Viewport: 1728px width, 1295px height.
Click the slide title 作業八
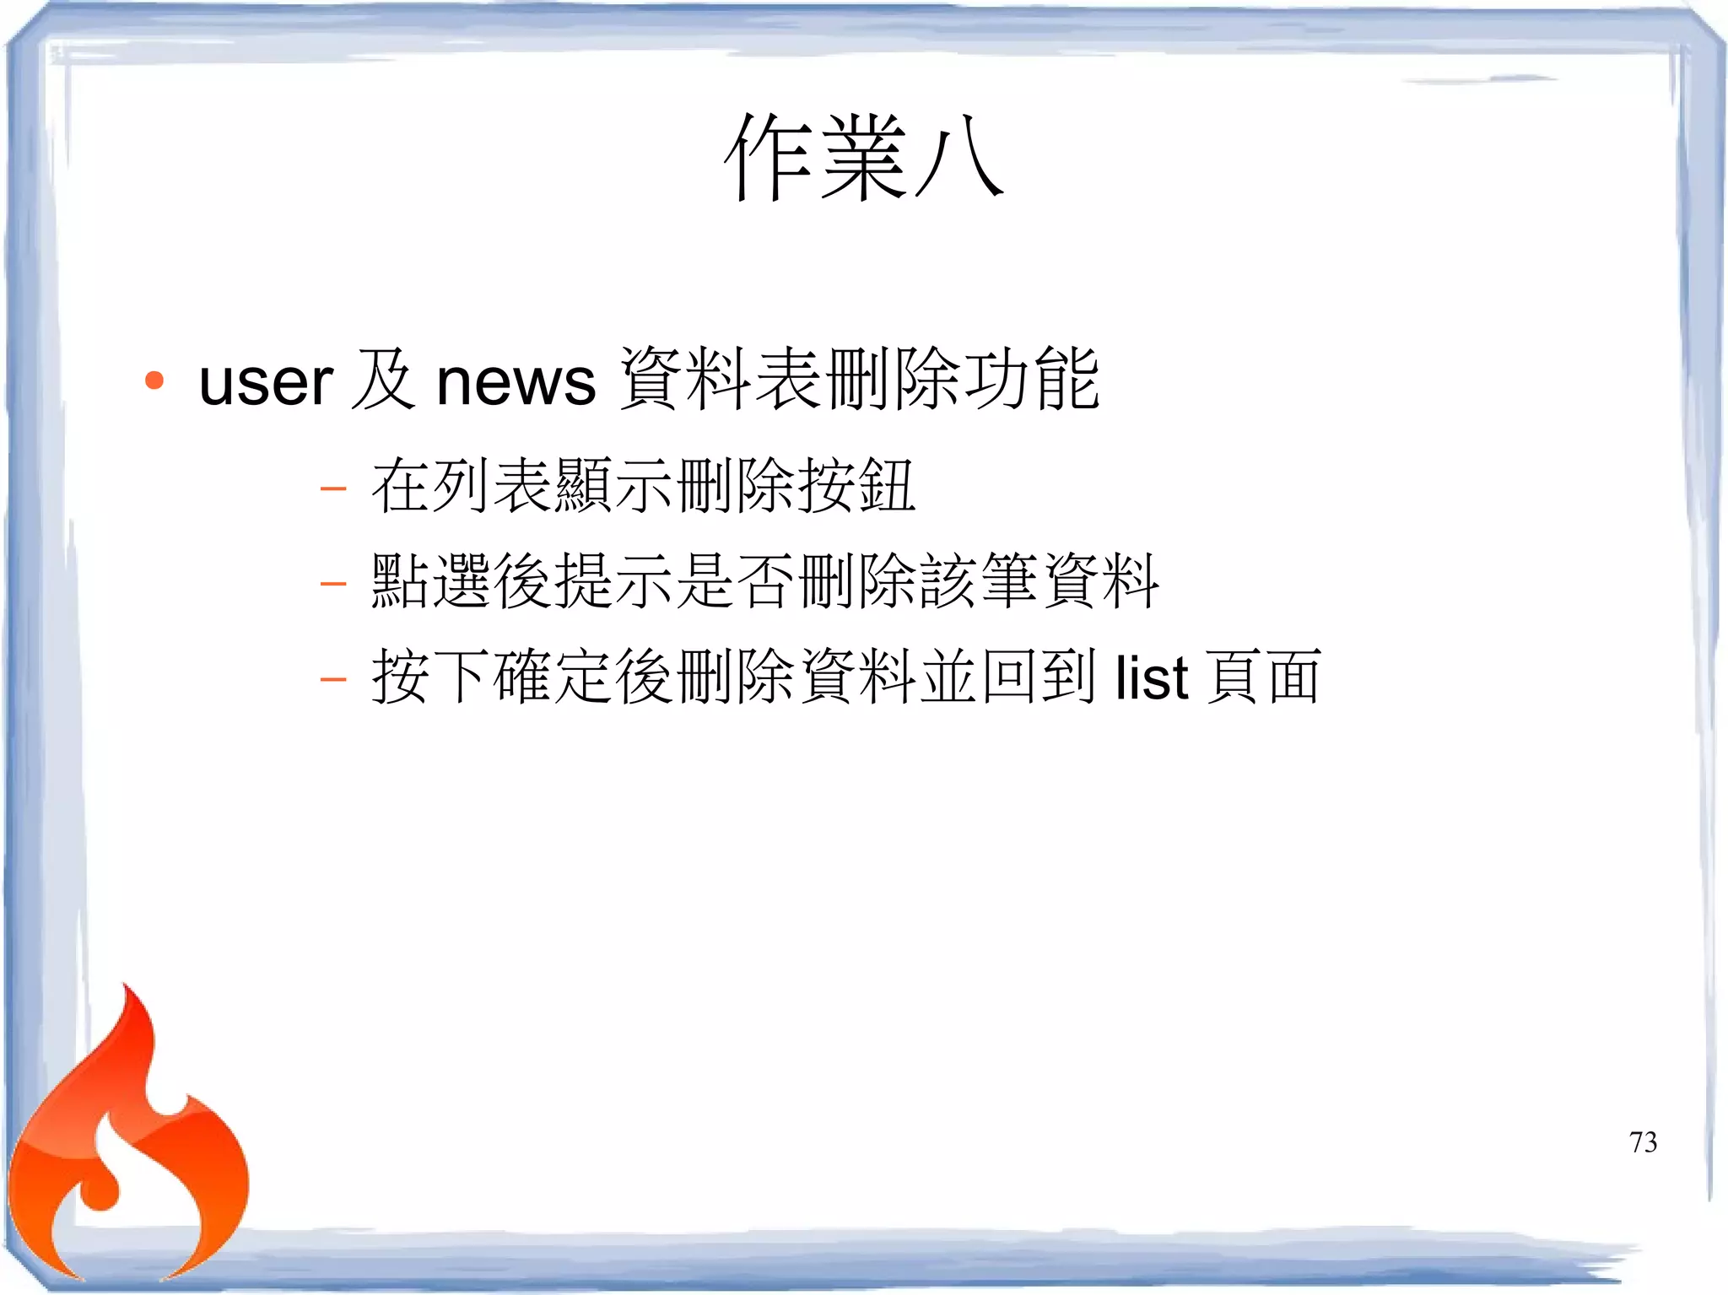tap(864, 159)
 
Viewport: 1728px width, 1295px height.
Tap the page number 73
tap(1643, 1142)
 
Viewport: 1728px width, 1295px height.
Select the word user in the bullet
tap(266, 382)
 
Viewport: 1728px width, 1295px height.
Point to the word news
tap(516, 382)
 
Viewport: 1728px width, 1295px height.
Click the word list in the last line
tap(1152, 677)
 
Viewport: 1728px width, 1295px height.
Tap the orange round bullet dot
tap(154, 380)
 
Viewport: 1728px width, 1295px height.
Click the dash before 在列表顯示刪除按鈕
tap(333, 488)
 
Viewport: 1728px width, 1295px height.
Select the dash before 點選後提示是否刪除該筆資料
tap(333, 583)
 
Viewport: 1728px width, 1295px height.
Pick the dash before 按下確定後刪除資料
tap(333, 678)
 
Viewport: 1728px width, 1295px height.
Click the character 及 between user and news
tap(384, 380)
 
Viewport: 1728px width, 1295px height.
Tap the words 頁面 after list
tap(1263, 677)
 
